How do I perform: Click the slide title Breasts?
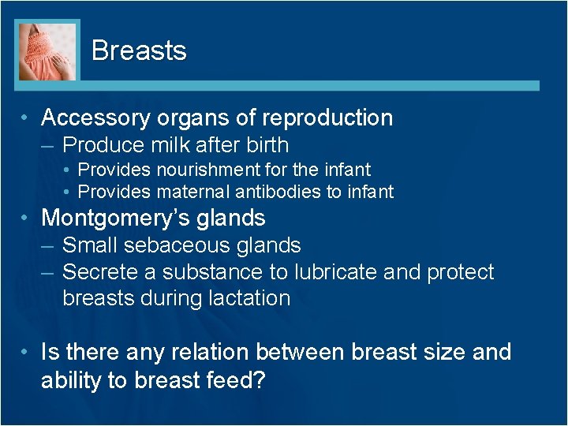(x=139, y=50)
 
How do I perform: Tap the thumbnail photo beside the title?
(x=48, y=51)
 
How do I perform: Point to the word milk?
(x=180, y=145)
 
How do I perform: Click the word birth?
(x=267, y=145)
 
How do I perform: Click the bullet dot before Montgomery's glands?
(x=27, y=219)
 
